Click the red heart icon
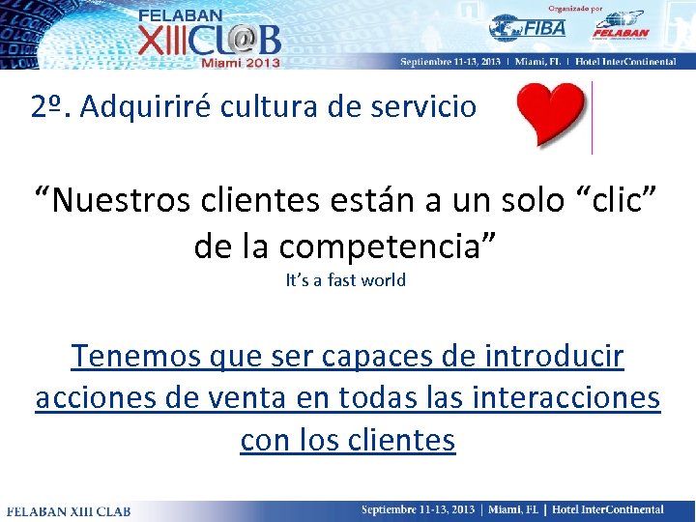pos(551,115)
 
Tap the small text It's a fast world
pos(346,280)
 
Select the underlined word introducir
pos(550,357)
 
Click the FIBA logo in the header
pos(527,28)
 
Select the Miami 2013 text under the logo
pos(240,62)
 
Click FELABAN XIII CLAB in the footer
pos(69,509)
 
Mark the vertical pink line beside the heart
pos(592,118)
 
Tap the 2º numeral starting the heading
pos(47,107)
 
